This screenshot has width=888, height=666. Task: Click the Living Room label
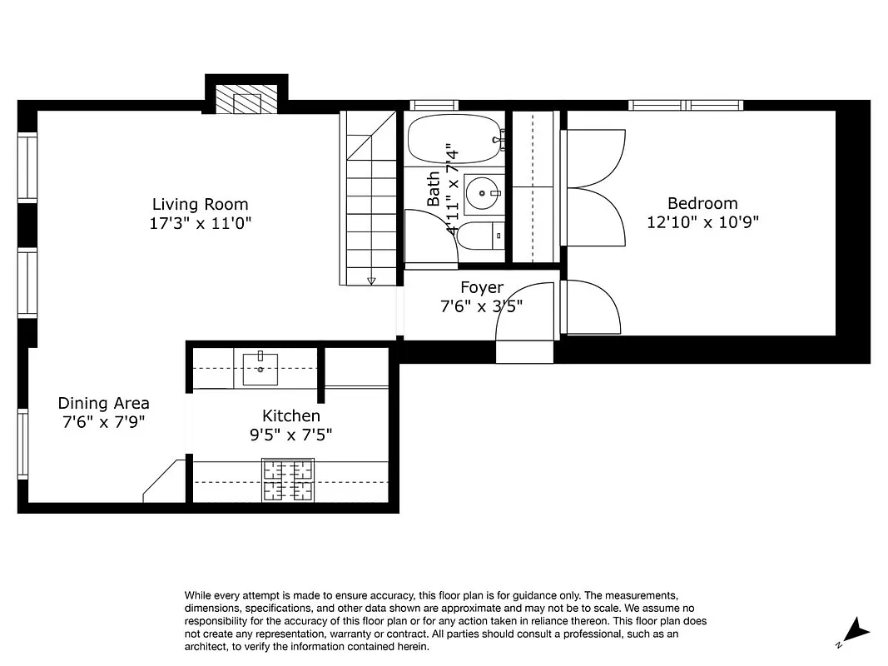[200, 204]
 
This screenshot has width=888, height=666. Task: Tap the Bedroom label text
[702, 203]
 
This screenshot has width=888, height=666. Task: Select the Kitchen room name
[290, 415]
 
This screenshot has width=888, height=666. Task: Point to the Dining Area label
[104, 403]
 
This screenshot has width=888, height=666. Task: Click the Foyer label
[482, 288]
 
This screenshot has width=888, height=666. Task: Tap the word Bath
[434, 189]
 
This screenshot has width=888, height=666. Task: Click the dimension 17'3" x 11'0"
[200, 223]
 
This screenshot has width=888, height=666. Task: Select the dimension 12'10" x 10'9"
[702, 222]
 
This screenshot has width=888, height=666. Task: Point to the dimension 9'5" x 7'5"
[290, 434]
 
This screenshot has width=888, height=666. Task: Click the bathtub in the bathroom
[454, 138]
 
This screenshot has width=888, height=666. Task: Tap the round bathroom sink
[480, 193]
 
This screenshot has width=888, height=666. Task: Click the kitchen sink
[260, 368]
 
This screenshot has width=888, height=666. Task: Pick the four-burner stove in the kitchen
[288, 480]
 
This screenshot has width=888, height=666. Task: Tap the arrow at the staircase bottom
[371, 281]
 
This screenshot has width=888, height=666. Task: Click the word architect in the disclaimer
[207, 646]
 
